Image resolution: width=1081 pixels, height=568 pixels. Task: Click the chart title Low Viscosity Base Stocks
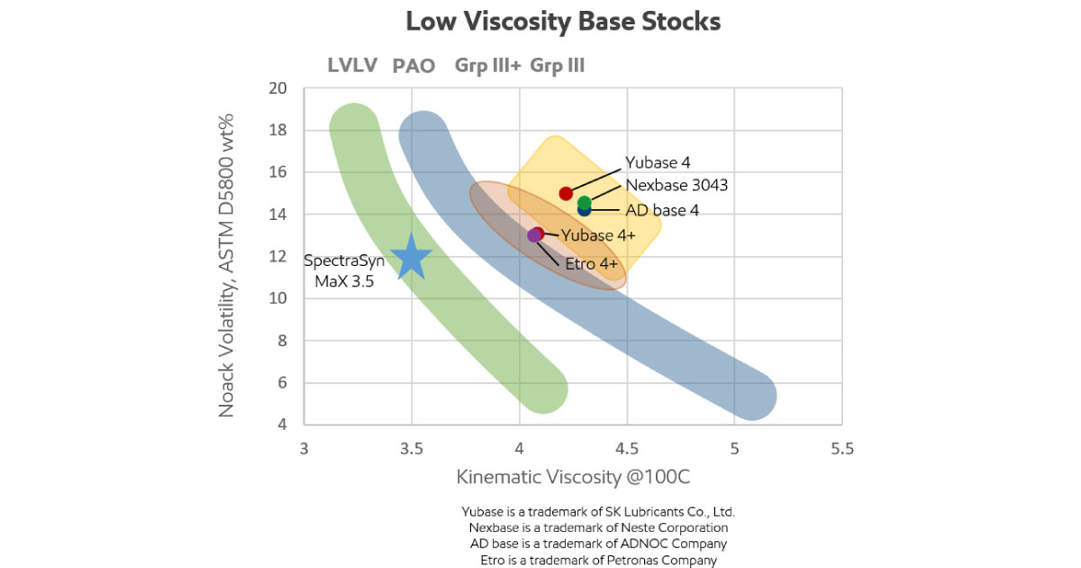click(x=563, y=22)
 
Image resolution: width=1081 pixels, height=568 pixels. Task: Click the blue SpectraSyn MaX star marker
click(x=411, y=256)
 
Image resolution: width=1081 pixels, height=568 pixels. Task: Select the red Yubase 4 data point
click(x=566, y=194)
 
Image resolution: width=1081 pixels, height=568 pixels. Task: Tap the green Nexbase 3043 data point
click(x=584, y=203)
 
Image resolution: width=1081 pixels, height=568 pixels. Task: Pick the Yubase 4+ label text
click(x=598, y=235)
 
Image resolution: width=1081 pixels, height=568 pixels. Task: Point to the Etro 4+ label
click(x=591, y=264)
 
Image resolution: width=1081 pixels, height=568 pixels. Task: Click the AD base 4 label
click(x=662, y=210)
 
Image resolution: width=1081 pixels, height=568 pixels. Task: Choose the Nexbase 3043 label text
click(x=677, y=186)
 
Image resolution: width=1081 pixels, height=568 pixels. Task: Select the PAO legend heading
click(x=413, y=66)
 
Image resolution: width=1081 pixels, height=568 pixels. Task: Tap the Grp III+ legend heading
click(x=487, y=66)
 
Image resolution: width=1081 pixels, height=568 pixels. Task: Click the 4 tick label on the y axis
click(x=281, y=425)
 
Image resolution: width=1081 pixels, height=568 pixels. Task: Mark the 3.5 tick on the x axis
click(x=412, y=448)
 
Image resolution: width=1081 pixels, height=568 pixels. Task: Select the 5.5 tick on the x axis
click(x=841, y=448)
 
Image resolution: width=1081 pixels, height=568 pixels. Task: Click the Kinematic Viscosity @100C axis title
click(x=573, y=477)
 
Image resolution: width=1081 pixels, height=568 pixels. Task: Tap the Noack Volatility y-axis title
click(x=227, y=265)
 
